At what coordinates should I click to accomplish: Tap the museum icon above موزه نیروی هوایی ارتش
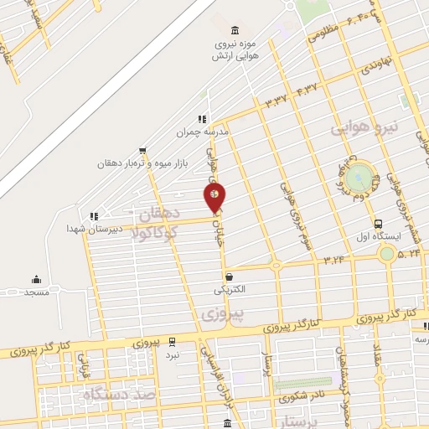click(x=234, y=30)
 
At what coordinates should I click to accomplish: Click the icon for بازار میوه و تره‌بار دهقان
click(x=142, y=152)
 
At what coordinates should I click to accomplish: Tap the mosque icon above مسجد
click(x=36, y=280)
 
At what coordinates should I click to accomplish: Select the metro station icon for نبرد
click(x=172, y=342)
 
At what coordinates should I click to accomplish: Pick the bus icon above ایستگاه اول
click(x=378, y=224)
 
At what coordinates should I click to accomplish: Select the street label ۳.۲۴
click(x=333, y=260)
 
